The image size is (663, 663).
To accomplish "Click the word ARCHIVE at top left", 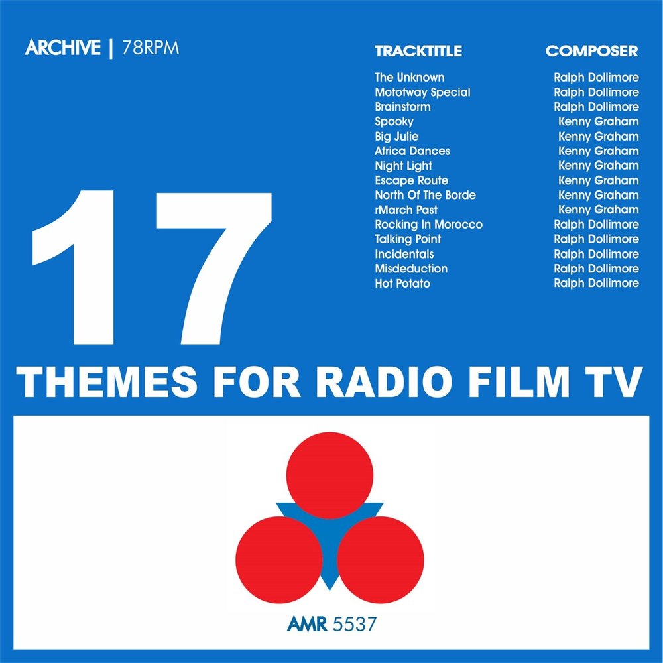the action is pos(62,47).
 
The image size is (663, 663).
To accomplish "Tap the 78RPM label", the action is pos(151,48).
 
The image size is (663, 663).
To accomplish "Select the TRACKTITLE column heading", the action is pos(418,51).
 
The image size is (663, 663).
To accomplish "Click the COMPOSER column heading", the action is pos(591,51).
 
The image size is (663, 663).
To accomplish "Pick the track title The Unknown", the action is pos(409,78).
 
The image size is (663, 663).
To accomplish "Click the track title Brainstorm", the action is pos(402,107).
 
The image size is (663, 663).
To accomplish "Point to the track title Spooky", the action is pos(394,122).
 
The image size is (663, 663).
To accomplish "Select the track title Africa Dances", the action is pos(412,151).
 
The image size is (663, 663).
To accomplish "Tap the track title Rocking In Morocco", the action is pos(428,225).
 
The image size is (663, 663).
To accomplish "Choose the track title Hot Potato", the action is pos(402,283).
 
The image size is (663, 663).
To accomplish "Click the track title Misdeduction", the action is pos(411,269).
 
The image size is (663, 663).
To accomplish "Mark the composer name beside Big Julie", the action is pos(598,136).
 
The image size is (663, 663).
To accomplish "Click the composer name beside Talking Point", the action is pos(596,239).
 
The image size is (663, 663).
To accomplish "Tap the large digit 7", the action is pos(213,268).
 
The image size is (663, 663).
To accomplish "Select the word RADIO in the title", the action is pos(384,383).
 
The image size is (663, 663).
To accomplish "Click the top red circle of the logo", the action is pos(330,475).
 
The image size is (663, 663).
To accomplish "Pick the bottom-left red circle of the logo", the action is pos(279,560).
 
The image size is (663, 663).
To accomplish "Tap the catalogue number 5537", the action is pos(355,624).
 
